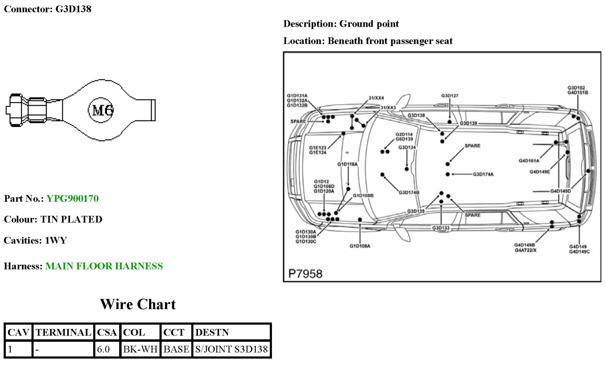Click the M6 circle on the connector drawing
(101, 110)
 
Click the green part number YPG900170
(72, 199)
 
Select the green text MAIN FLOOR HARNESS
(104, 266)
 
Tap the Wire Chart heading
(138, 304)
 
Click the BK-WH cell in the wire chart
(140, 349)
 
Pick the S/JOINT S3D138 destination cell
(231, 349)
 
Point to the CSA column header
(107, 332)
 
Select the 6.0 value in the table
(103, 349)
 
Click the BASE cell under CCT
(176, 349)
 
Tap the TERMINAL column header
(63, 332)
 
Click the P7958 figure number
(305, 274)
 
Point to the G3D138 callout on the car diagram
(416, 115)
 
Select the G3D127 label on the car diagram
(450, 96)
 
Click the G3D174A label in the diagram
(483, 174)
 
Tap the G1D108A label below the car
(360, 246)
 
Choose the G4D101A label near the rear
(529, 161)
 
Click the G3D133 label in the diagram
(441, 228)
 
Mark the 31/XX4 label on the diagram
(376, 98)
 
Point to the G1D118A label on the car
(348, 164)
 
